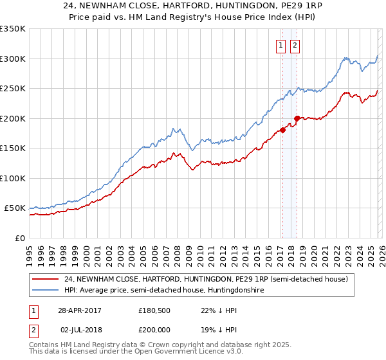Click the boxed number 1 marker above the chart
(x=281, y=45)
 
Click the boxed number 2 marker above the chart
(x=295, y=45)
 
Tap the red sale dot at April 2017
(x=282, y=130)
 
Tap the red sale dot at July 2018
(x=297, y=118)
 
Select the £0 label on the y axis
(x=19, y=238)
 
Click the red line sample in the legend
(x=46, y=279)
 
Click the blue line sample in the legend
(x=46, y=291)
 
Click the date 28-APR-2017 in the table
(x=80, y=310)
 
